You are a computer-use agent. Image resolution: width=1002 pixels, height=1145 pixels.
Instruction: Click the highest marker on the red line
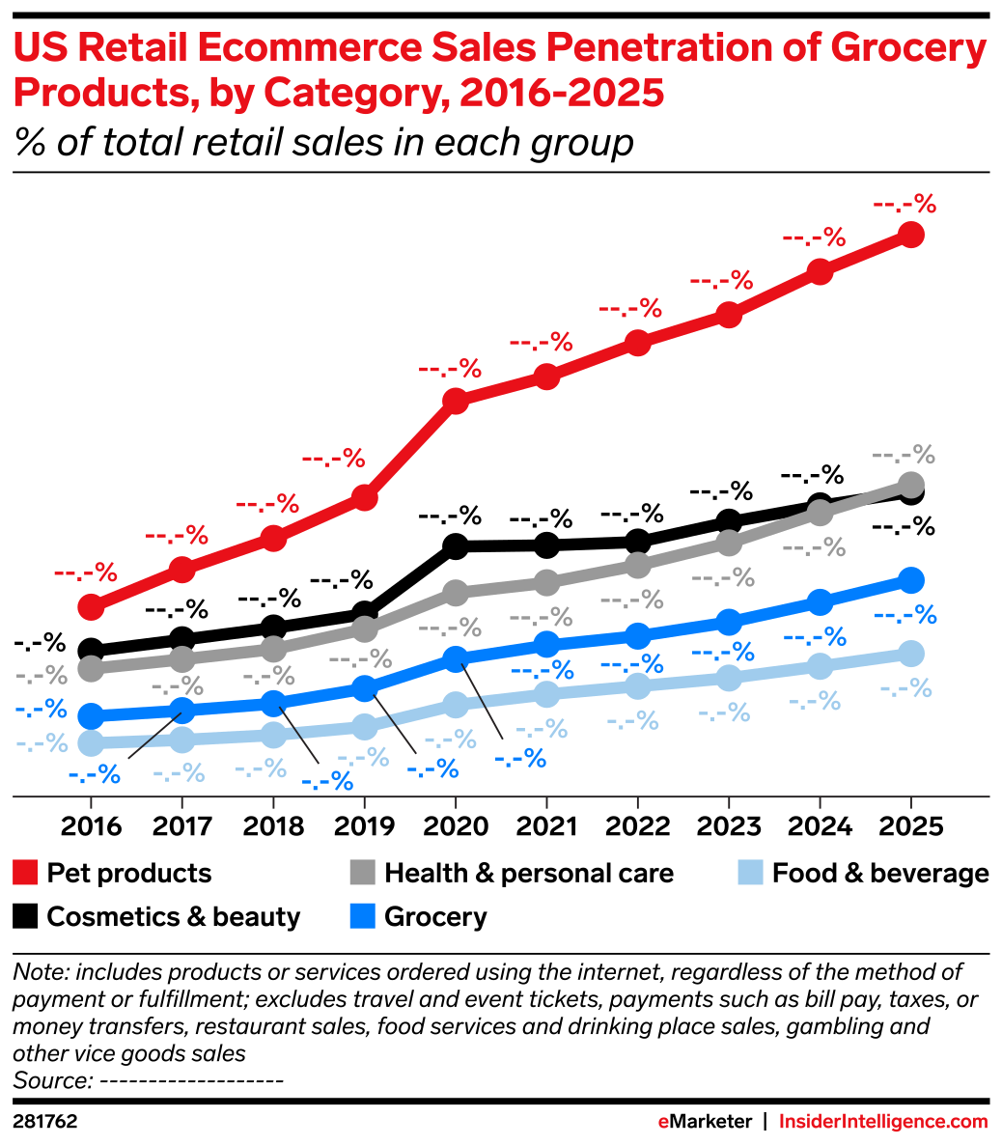(x=910, y=235)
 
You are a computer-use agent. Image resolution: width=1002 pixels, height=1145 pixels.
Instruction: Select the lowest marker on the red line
(x=91, y=606)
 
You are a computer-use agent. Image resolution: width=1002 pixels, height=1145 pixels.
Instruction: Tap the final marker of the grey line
(x=910, y=484)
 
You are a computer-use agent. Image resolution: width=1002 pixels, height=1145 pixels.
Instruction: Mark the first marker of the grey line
(x=91, y=667)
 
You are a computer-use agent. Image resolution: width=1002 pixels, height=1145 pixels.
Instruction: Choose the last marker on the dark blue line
(x=910, y=579)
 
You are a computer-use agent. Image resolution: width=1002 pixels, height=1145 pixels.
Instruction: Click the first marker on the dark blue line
(x=91, y=715)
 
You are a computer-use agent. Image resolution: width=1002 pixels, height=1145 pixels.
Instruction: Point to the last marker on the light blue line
(x=910, y=654)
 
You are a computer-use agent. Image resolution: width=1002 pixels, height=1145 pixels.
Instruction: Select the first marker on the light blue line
(x=91, y=742)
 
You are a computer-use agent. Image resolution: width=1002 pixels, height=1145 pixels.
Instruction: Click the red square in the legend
(x=25, y=873)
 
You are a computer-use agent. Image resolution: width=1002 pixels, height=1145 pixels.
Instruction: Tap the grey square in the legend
(x=362, y=873)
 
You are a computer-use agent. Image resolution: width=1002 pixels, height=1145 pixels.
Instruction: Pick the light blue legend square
(x=750, y=873)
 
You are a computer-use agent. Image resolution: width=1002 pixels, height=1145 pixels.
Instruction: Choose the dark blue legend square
(x=362, y=916)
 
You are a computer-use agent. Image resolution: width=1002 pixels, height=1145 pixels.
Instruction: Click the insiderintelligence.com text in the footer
(x=882, y=1122)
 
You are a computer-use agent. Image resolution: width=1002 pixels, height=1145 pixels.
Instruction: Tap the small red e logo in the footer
(x=663, y=1122)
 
